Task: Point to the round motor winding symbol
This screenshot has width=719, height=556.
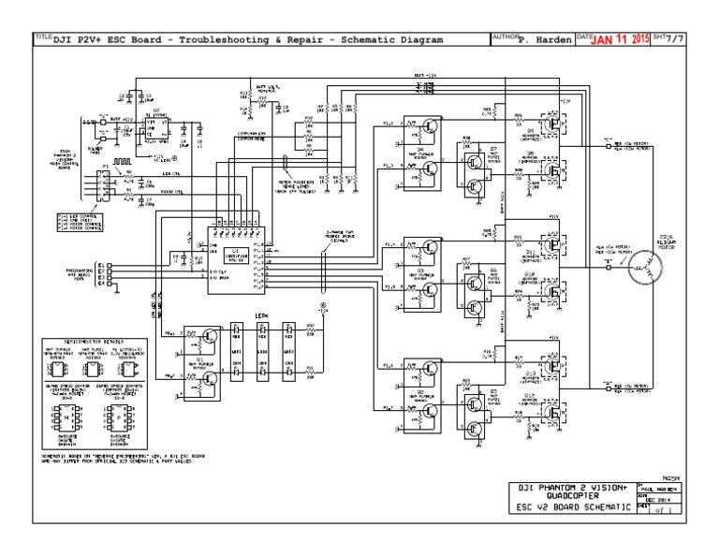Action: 642,267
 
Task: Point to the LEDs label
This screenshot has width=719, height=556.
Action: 262,316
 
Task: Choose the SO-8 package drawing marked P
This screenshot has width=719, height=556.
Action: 121,413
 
